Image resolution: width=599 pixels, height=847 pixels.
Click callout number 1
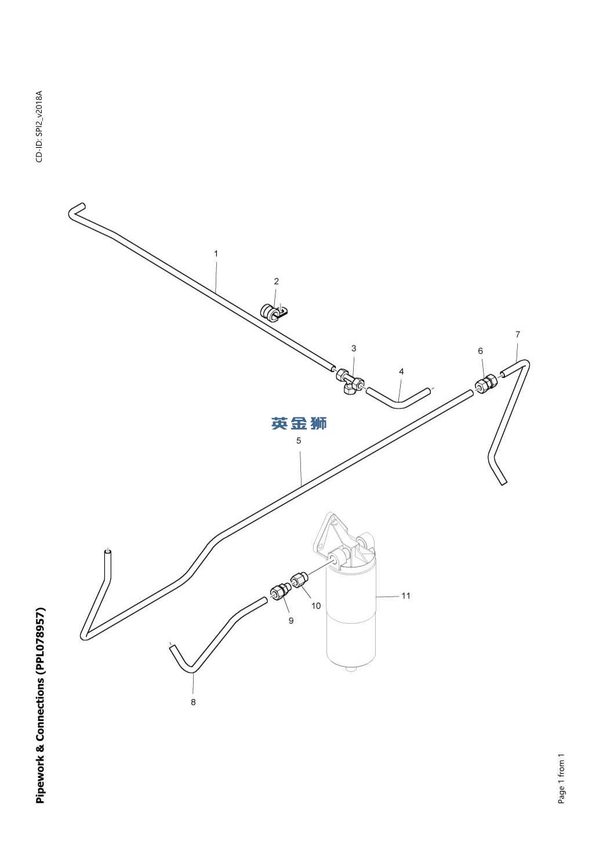coord(216,253)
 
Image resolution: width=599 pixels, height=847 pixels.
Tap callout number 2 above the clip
coord(277,281)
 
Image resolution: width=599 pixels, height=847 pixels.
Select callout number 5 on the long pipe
coord(299,441)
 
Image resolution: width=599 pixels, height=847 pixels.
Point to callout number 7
coord(518,334)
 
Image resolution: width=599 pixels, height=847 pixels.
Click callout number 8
coord(193,702)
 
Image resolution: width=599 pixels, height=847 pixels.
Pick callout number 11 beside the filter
coord(406,595)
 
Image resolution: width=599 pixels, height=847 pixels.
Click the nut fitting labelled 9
coord(279,592)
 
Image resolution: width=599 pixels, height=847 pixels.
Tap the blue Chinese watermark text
coord(299,424)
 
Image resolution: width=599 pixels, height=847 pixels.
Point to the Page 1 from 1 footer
coord(561,779)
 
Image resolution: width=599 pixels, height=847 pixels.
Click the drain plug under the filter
coord(350,670)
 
